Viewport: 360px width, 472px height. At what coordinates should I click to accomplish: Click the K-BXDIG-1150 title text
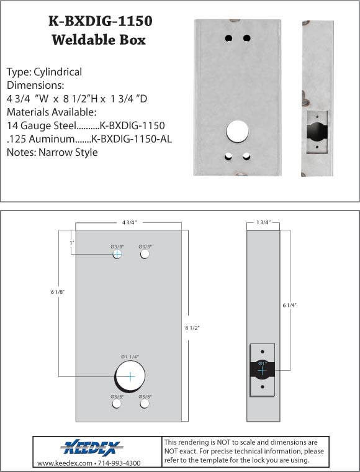pyautogui.click(x=100, y=22)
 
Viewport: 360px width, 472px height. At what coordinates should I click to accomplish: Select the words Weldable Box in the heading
pyautogui.click(x=99, y=40)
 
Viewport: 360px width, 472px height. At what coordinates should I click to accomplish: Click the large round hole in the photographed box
pyautogui.click(x=238, y=132)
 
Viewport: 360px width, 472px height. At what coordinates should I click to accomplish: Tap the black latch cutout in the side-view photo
pyautogui.click(x=315, y=132)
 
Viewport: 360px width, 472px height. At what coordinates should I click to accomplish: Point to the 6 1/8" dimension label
pyautogui.click(x=55, y=291)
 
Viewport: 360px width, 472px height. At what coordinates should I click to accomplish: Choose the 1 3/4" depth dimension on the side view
pyautogui.click(x=263, y=222)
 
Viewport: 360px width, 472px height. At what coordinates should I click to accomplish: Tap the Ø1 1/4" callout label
pyautogui.click(x=130, y=356)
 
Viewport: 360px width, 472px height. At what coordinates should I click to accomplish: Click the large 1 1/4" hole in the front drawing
pyautogui.click(x=130, y=376)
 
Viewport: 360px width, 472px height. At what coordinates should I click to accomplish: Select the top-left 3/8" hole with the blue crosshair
pyautogui.click(x=117, y=254)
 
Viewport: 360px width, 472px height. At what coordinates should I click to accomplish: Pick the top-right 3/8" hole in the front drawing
pyautogui.click(x=145, y=255)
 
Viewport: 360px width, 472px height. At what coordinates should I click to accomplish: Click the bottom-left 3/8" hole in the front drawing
pyautogui.click(x=117, y=404)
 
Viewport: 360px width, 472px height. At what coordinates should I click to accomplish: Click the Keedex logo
pyautogui.click(x=92, y=448)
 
